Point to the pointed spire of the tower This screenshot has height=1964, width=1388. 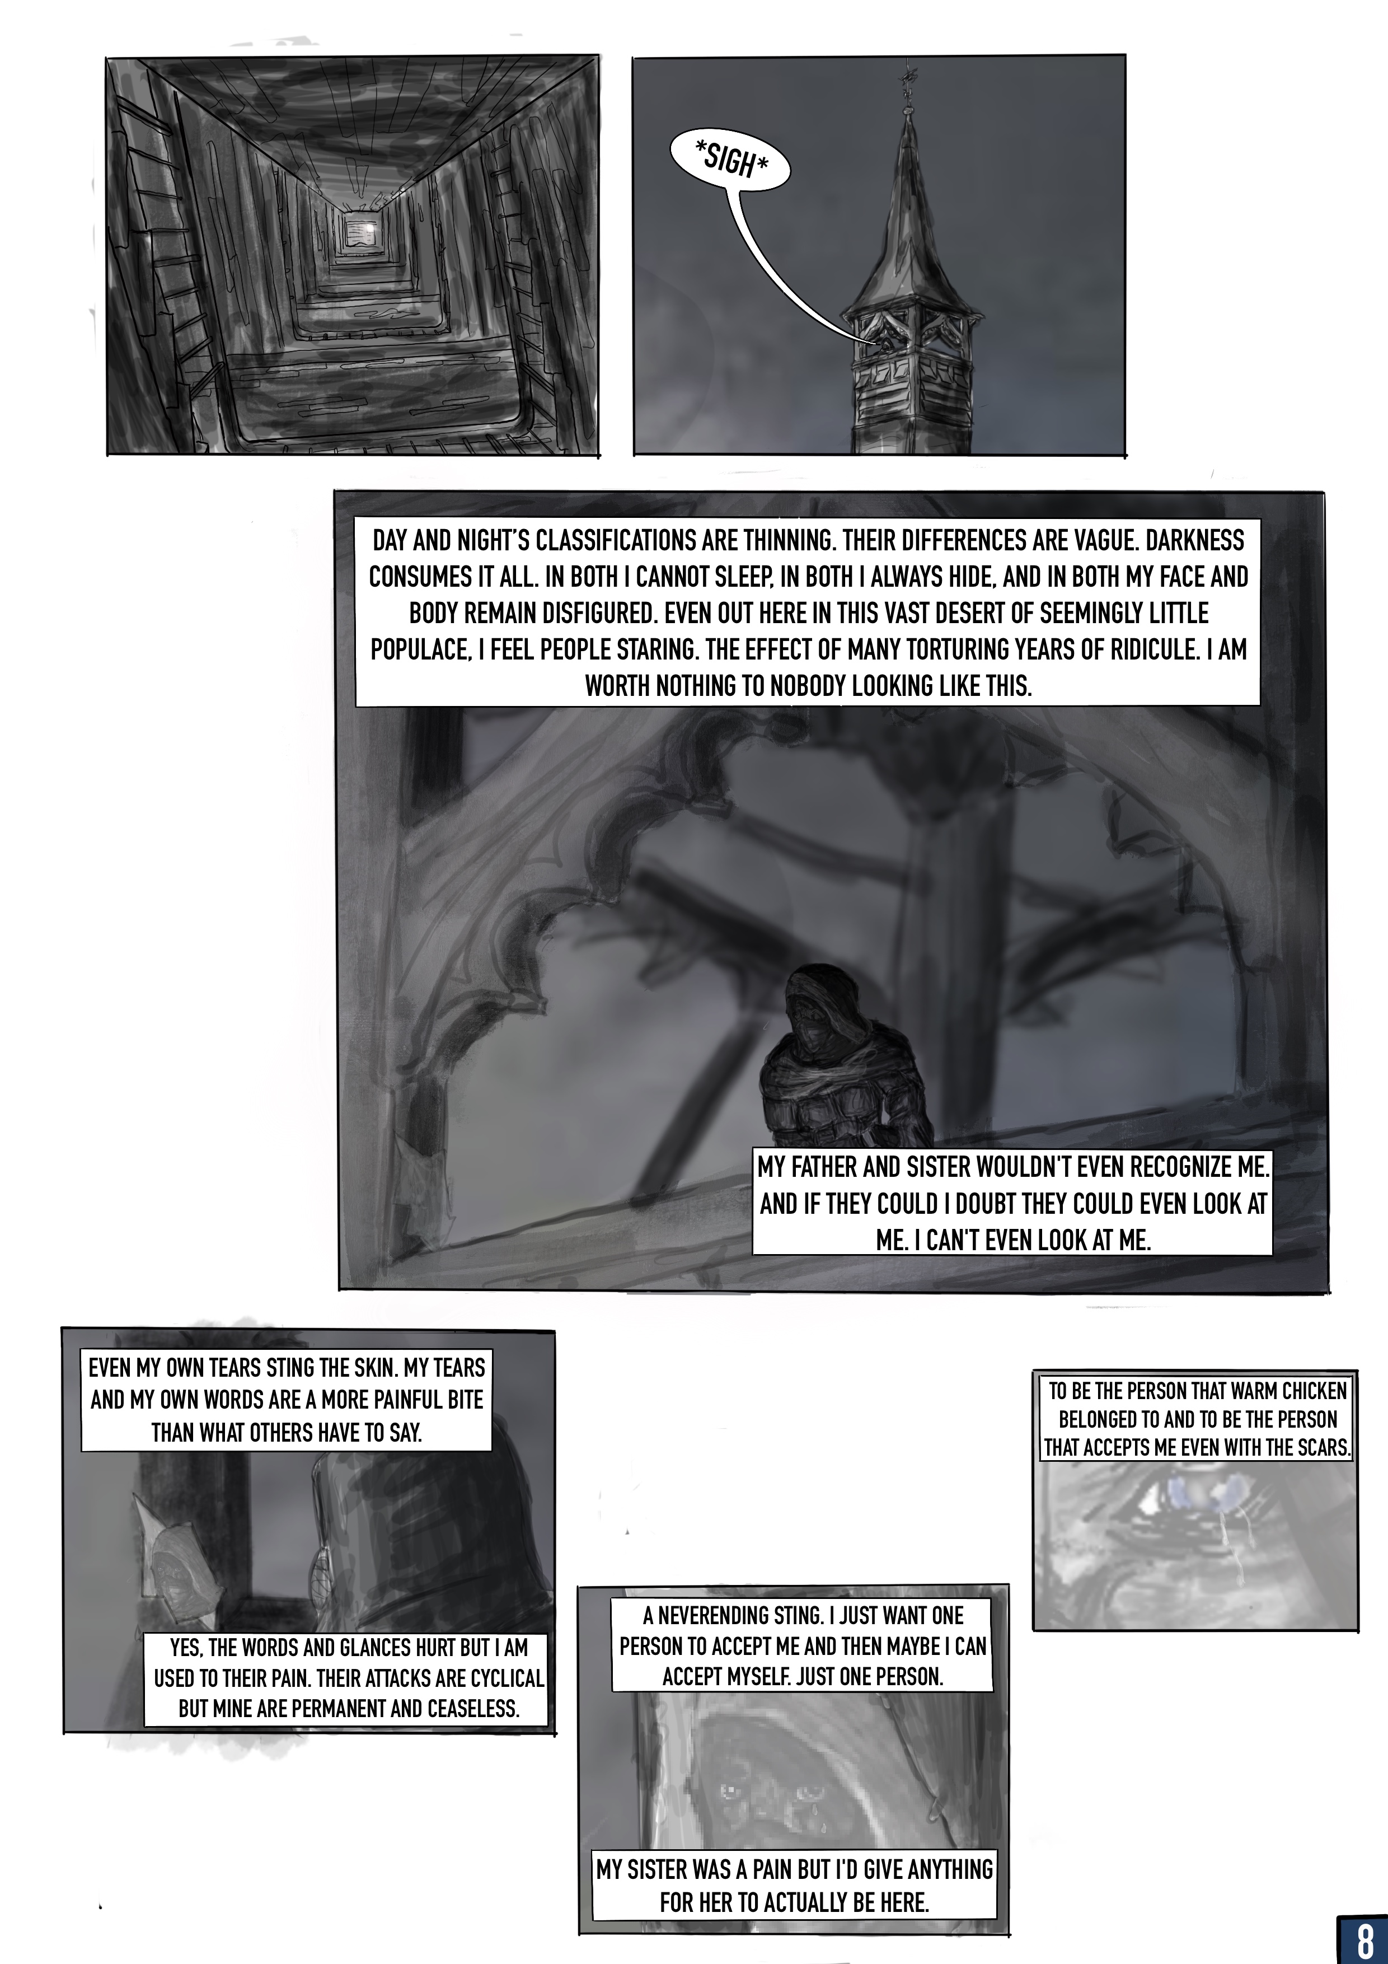tap(902, 214)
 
